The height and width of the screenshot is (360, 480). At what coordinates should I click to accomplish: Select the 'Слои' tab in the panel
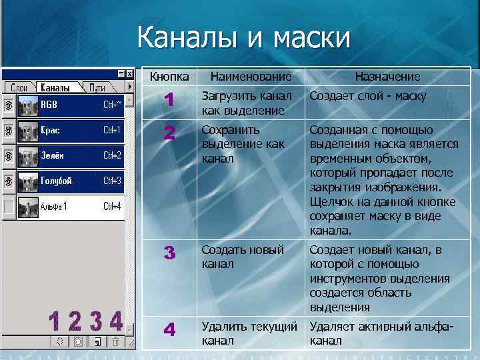[x=19, y=87]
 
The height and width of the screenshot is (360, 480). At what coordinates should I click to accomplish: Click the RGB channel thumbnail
[x=28, y=105]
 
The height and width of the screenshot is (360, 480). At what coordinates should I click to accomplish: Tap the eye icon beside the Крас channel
[x=8, y=130]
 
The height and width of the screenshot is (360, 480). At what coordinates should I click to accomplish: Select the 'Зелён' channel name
[x=52, y=155]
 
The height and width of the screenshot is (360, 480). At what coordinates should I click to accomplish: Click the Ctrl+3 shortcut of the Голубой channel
[x=112, y=181]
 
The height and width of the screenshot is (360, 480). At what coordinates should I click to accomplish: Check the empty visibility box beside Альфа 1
[x=8, y=206]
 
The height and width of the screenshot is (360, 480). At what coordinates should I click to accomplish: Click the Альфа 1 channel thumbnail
[x=28, y=206]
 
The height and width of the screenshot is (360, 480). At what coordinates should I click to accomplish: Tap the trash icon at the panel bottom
[x=115, y=341]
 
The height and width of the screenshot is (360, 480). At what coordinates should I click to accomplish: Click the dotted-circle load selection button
[x=59, y=341]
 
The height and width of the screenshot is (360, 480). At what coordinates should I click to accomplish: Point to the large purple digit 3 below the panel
[x=96, y=321]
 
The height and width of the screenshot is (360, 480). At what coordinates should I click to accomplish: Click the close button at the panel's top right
[x=131, y=73]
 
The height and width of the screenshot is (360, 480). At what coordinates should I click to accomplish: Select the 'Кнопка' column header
[x=169, y=77]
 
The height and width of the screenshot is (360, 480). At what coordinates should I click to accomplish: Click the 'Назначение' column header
[x=387, y=77]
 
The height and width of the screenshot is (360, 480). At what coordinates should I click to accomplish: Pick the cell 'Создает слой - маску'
[x=368, y=97]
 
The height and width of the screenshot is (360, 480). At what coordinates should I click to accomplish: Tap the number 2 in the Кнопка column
[x=169, y=134]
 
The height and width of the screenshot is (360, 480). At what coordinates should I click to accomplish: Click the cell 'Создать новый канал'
[x=243, y=257]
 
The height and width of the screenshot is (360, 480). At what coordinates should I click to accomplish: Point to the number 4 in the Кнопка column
[x=169, y=330]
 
